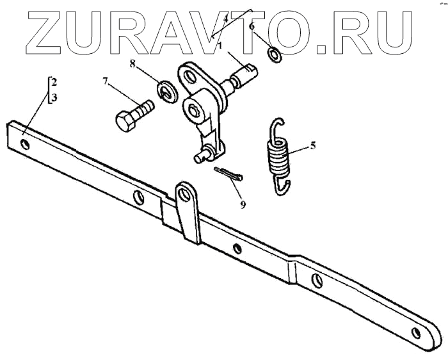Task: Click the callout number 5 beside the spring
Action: (313, 145)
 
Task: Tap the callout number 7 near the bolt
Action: (106, 81)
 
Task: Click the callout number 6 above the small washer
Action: (252, 28)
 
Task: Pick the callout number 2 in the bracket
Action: (55, 83)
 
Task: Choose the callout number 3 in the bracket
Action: (55, 97)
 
